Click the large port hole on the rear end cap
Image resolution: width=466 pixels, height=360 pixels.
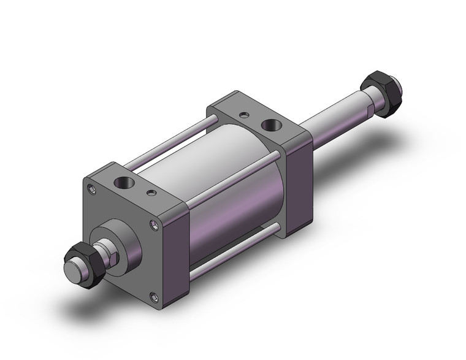click(x=269, y=126)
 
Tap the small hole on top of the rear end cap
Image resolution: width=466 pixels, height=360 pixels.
click(x=245, y=115)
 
